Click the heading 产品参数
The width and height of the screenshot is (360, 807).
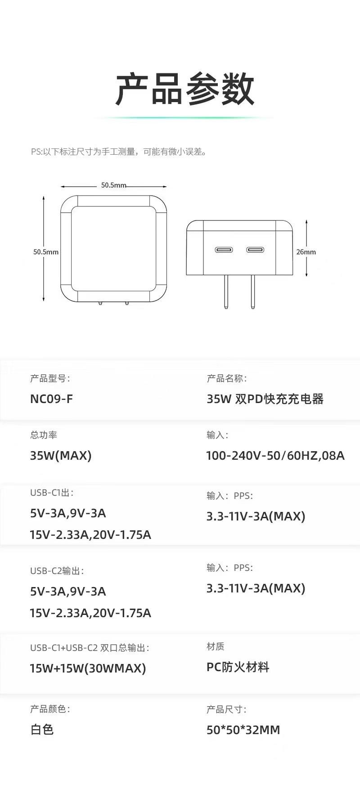click(x=184, y=89)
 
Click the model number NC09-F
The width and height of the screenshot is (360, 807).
click(x=51, y=399)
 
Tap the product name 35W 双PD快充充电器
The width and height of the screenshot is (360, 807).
click(x=265, y=399)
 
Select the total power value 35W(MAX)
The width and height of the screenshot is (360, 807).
click(x=61, y=456)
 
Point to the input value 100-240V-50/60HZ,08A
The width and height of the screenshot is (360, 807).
click(x=275, y=456)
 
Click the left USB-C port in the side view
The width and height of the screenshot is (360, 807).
click(x=224, y=250)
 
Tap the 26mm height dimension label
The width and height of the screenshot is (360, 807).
click(x=306, y=252)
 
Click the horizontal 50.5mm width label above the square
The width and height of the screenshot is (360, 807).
click(x=113, y=185)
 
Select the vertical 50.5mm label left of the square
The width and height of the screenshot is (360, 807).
click(x=46, y=252)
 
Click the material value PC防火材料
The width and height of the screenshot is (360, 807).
click(x=238, y=667)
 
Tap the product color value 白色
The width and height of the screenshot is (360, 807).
click(x=42, y=730)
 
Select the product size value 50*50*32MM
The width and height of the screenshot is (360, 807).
click(x=243, y=730)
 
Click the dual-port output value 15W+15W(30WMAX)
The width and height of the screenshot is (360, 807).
click(x=88, y=668)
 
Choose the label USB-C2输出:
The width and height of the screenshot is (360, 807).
click(x=57, y=571)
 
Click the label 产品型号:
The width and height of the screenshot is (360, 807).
click(x=50, y=379)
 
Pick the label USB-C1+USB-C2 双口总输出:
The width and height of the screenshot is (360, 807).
click(x=90, y=648)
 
